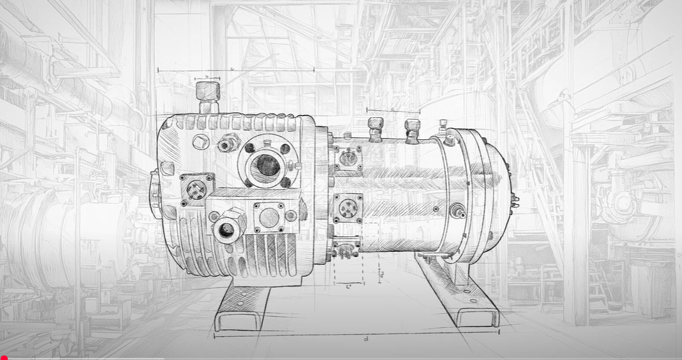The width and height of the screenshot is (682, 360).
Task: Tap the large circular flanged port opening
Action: [x=266, y=166]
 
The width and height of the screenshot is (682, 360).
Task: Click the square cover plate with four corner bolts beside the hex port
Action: [x=269, y=216]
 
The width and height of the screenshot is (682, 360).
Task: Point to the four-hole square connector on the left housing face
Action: [x=197, y=189]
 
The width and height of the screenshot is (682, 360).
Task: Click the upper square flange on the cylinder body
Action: [x=348, y=158]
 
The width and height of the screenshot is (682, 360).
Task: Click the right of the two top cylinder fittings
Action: [x=412, y=130]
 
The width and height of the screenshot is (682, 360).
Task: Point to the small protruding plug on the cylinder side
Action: [x=460, y=211]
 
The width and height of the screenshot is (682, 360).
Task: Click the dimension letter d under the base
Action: [x=366, y=339]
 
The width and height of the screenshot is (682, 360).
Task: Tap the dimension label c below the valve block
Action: [x=349, y=286]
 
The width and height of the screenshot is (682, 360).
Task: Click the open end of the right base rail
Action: [x=477, y=317]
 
